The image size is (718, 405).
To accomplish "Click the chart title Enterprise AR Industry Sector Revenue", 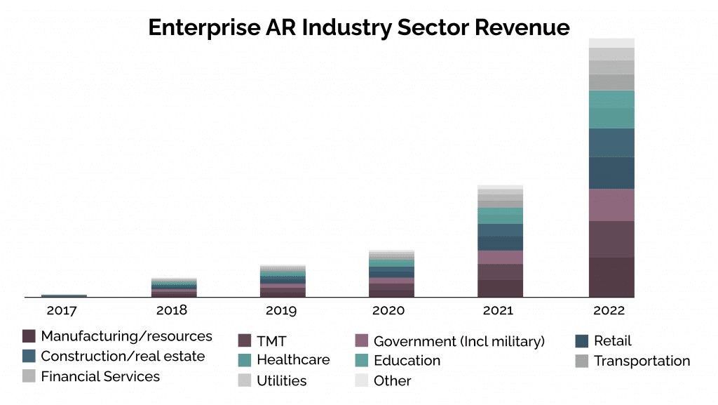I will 359,27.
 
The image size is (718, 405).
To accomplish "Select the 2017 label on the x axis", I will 64,310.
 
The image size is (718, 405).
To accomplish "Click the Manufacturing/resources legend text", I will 126,336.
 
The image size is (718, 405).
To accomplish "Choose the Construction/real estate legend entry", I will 123,357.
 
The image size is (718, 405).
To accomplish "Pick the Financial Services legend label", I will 100,377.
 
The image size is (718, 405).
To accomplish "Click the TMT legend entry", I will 271,342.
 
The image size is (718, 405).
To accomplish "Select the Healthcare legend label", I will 293,360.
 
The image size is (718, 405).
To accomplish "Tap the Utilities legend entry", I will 282,381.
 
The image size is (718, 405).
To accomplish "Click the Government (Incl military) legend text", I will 459,342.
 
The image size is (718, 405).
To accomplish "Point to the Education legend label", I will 407,361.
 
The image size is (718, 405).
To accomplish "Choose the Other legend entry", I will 392,381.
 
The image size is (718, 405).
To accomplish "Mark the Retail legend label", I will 612,341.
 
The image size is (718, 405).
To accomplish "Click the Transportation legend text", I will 642,361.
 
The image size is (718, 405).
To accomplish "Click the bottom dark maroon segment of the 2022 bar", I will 611,277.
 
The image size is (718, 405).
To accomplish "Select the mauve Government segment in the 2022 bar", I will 611,205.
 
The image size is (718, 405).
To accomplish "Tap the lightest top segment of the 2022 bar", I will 611,43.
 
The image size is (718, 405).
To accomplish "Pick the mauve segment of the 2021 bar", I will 500,257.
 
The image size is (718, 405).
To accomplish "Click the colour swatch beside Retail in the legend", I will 581,341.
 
